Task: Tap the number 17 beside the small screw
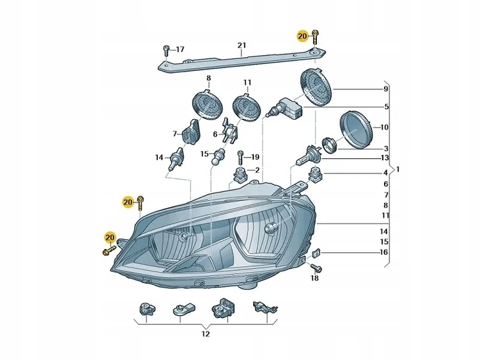point(180,49)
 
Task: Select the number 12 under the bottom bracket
point(205,334)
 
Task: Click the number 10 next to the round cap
point(385,127)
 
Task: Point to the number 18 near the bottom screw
point(314,279)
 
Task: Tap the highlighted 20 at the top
point(302,36)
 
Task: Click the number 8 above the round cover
point(208,79)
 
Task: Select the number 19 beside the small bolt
point(255,157)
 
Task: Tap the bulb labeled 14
point(176,160)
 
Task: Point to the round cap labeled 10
point(355,129)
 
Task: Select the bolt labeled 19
point(241,158)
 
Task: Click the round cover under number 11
point(247,108)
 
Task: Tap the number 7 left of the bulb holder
point(175,134)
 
